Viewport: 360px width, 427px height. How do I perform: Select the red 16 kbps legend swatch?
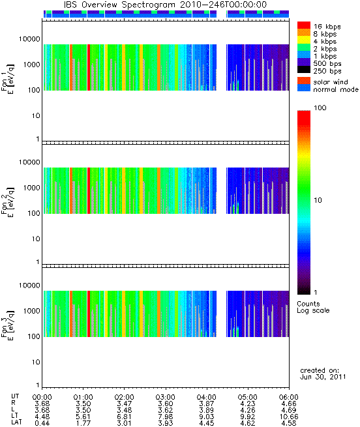304,25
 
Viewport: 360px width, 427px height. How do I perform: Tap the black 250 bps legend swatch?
304,70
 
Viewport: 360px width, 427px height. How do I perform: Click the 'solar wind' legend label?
331,82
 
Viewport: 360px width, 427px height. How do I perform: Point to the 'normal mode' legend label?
336,89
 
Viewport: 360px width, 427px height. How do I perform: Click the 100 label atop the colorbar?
320,108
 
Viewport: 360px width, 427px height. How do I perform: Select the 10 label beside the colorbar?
318,200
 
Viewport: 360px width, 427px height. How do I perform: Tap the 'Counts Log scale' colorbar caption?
313,307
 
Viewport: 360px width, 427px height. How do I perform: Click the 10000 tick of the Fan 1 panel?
29,39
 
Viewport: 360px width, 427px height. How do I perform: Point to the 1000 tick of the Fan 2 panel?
31,188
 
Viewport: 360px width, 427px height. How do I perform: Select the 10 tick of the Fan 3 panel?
36,362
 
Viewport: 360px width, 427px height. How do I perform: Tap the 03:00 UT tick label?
165,397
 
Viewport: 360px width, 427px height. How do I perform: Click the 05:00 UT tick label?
247,397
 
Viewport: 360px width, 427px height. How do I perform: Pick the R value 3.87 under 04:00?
207,404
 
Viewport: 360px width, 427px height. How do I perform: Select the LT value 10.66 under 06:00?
289,417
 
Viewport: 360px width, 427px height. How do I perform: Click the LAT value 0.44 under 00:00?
42,423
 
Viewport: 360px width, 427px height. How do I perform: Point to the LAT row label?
16,422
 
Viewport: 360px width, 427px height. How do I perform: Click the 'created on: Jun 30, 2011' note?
323,374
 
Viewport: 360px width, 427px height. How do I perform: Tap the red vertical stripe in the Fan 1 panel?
89,67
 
